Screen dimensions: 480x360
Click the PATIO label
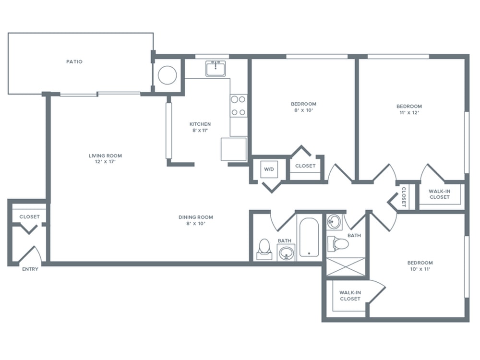74,61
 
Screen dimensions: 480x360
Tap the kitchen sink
216,68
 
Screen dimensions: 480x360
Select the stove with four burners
238,106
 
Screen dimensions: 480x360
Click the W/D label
269,169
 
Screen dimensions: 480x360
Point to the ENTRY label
30,269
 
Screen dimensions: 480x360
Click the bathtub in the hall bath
309,237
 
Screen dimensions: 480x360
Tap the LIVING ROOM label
105,156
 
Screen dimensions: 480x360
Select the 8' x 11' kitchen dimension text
200,131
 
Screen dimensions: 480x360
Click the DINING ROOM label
196,217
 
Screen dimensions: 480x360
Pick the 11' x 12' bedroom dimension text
409,112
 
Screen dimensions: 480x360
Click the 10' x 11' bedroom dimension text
420,269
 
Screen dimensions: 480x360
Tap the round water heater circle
167,75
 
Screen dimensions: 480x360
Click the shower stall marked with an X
346,267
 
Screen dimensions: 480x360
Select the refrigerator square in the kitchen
234,149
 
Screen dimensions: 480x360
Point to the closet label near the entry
30,217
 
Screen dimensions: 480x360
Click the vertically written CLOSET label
404,197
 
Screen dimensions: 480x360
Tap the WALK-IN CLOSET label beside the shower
350,296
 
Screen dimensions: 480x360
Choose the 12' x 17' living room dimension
105,162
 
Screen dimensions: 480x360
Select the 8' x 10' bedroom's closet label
305,166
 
